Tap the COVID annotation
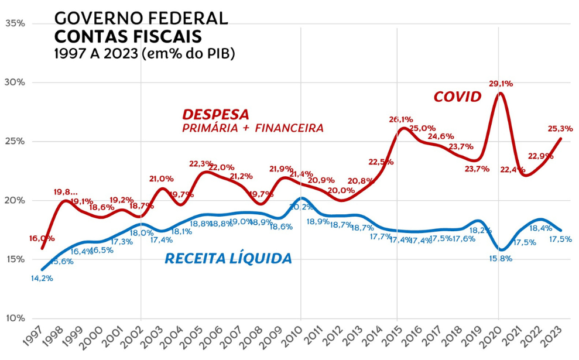pyautogui.click(x=457, y=97)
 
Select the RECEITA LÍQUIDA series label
pyautogui.click(x=228, y=258)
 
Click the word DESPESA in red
pyautogui.click(x=215, y=114)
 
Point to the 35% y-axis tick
pyautogui.click(x=15, y=23)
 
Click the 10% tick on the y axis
pyautogui.click(x=15, y=318)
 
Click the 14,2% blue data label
pyautogui.click(x=42, y=279)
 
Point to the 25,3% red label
pyautogui.click(x=560, y=128)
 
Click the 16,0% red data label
pyautogui.click(x=42, y=238)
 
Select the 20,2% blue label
pyautogui.click(x=302, y=207)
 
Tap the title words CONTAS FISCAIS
pyautogui.click(x=128, y=36)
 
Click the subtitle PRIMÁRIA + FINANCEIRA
pyautogui.click(x=253, y=128)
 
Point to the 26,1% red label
pyautogui.click(x=401, y=119)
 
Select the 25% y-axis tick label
pyautogui.click(x=15, y=142)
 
